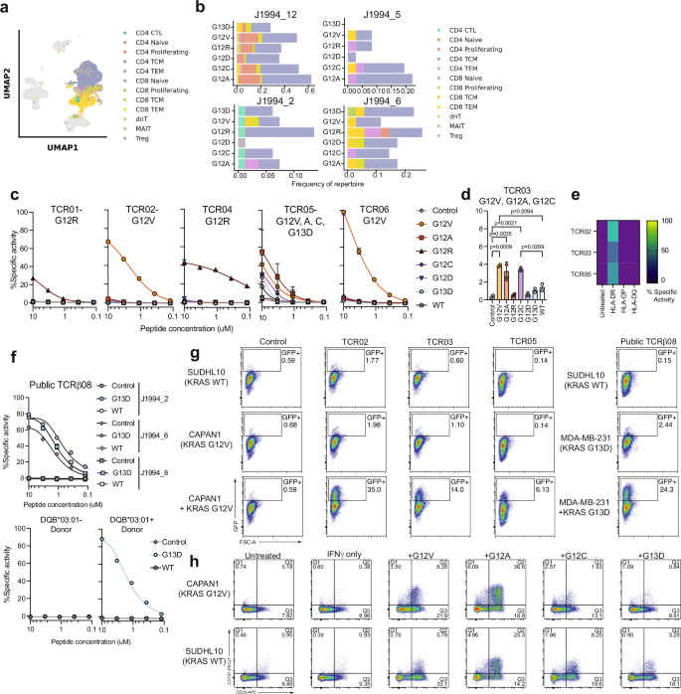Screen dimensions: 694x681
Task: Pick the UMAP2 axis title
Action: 10,76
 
